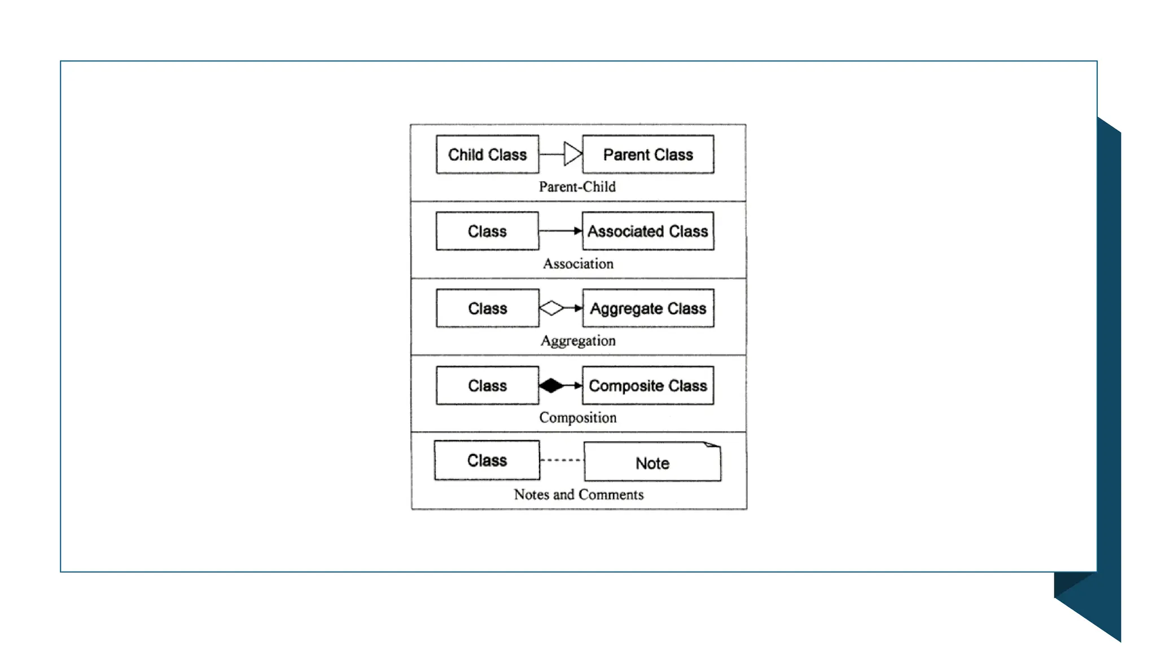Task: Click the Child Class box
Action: coord(487,154)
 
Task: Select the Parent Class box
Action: coord(648,154)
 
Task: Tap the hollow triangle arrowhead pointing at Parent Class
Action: coord(572,154)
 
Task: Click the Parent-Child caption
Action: coord(577,187)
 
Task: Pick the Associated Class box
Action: coord(648,231)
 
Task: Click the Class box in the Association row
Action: coord(487,231)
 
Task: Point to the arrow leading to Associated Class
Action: coord(561,231)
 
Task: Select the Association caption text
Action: coord(578,263)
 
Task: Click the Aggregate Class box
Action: coord(648,308)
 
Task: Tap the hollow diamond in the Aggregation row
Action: coord(551,308)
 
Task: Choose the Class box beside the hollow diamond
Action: coord(487,308)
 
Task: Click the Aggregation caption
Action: coord(578,341)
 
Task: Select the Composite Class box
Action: coord(648,385)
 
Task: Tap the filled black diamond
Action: coord(551,385)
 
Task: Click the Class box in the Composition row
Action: coord(487,385)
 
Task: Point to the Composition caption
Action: coord(577,418)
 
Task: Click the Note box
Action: coord(652,463)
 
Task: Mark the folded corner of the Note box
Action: coord(713,445)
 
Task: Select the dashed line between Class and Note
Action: coord(561,460)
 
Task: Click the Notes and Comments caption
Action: coord(579,494)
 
